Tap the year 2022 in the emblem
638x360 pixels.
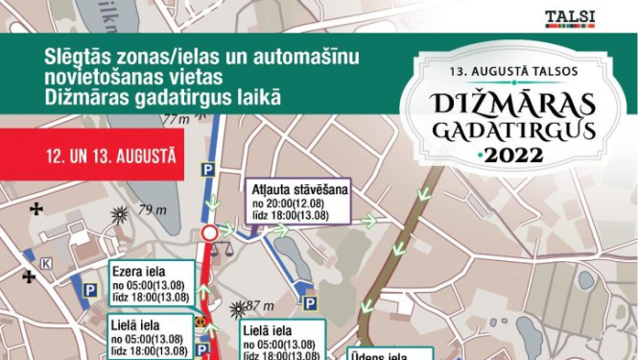point(527,155)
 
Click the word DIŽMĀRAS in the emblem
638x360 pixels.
point(526,103)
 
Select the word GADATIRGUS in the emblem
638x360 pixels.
point(527,129)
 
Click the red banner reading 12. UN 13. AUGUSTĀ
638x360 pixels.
point(91,155)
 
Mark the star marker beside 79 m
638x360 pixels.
point(120,214)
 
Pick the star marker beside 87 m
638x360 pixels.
point(238,308)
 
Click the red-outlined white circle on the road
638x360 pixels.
point(210,233)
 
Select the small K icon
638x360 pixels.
point(45,262)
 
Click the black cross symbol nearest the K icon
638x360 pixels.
point(30,277)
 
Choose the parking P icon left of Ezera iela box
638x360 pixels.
point(89,290)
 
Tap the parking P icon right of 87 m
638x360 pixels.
point(311,303)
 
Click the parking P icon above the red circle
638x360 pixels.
point(203,171)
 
